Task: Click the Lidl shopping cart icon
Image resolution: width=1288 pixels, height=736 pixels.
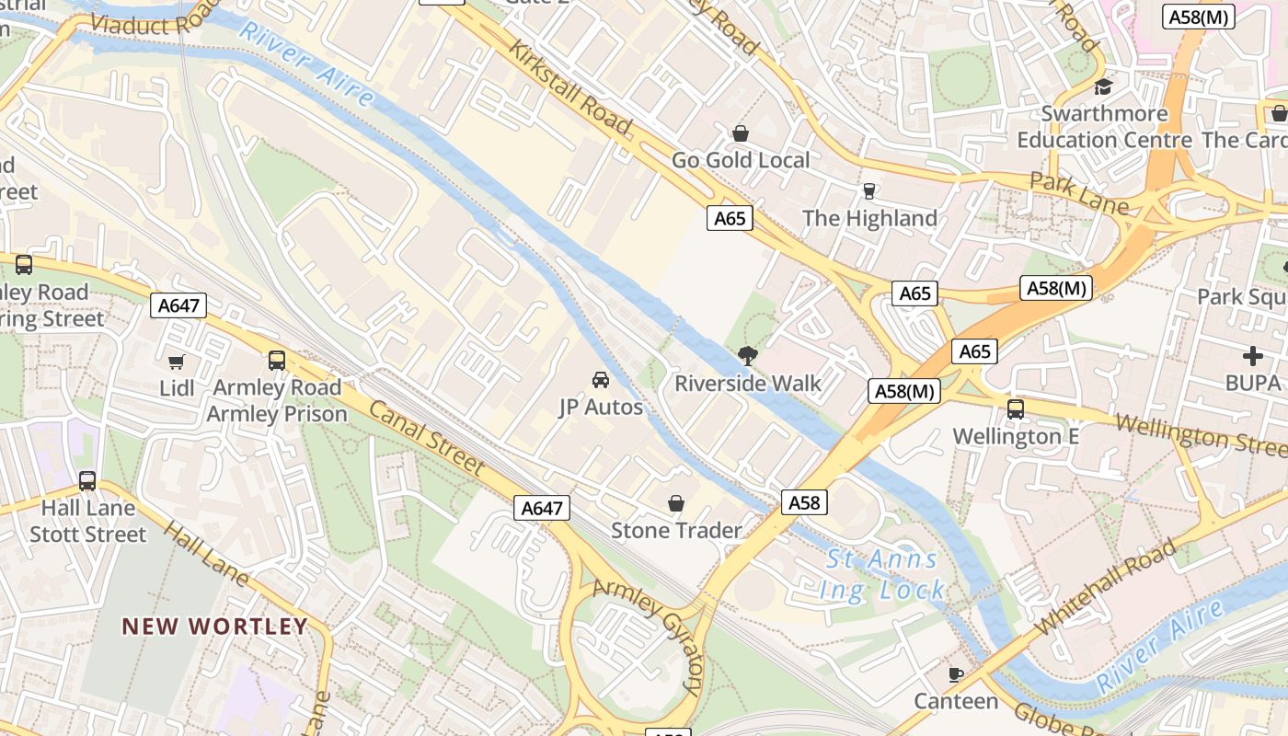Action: pos(177,362)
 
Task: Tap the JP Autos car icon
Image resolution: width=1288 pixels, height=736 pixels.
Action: pos(600,380)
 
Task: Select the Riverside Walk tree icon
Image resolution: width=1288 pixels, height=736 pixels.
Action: pos(747,356)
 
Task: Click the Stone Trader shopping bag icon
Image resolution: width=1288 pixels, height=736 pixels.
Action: pos(676,503)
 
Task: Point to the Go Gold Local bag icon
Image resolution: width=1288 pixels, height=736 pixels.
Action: pos(741,133)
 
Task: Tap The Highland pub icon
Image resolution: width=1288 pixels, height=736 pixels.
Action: pos(868,191)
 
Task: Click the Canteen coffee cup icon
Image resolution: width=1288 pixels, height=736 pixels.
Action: pos(956,674)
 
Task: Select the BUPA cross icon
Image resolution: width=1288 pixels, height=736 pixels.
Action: pos(1252,356)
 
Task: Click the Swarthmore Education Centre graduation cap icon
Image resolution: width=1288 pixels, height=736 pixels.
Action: pos(1103,86)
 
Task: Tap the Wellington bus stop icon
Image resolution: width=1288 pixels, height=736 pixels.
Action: pos(1016,409)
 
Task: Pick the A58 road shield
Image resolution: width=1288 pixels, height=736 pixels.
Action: pos(804,502)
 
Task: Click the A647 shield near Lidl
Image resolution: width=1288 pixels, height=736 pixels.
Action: pos(178,305)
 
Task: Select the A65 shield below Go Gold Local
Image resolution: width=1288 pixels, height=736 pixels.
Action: pos(730,218)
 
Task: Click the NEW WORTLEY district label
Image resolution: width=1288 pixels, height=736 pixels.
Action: pos(215,627)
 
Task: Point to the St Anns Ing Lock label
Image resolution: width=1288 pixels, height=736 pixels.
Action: pos(881,574)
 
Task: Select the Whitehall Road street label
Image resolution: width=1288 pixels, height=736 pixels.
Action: pos(1105,587)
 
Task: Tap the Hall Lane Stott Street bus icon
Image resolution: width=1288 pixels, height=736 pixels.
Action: pos(87,480)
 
